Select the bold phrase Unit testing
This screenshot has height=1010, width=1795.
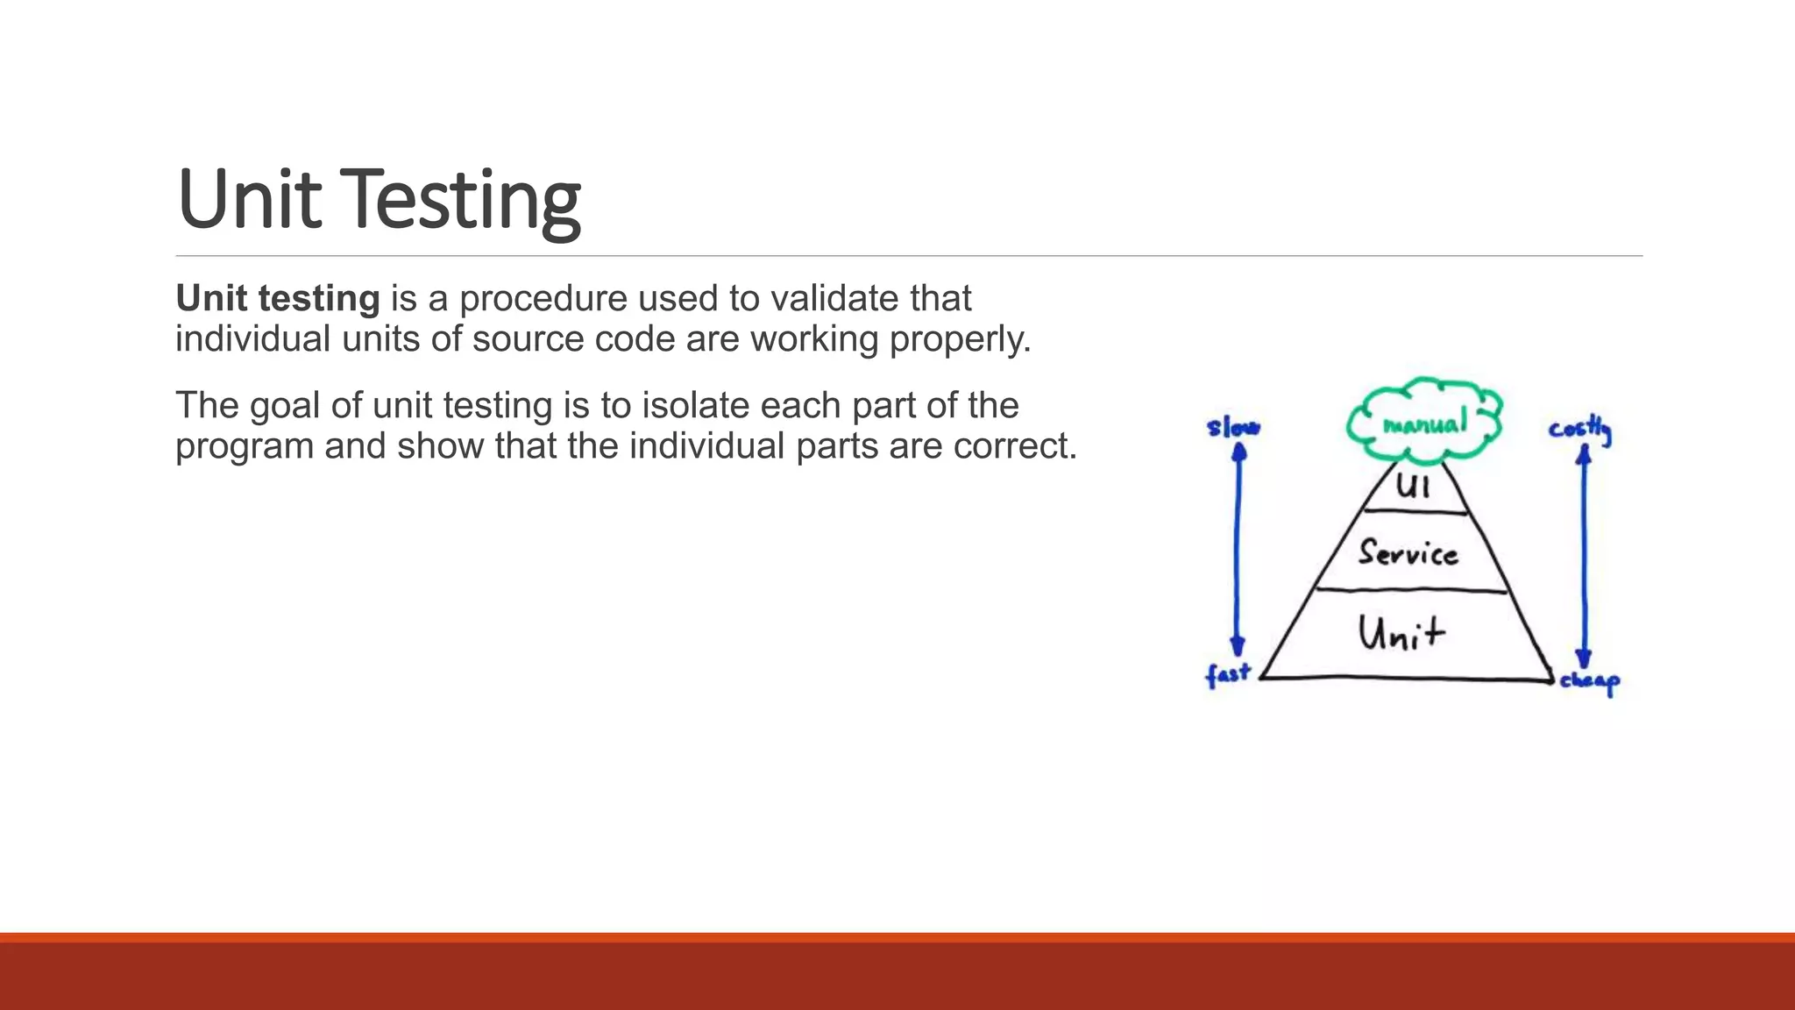[278, 299]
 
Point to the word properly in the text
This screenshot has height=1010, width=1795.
[959, 340]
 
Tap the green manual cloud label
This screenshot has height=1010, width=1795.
[1424, 424]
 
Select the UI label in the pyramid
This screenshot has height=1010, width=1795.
[1413, 485]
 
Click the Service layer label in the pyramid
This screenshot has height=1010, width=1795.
[1408, 552]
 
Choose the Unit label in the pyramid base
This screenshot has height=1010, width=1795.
[1401, 632]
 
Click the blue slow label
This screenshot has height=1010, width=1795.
[1232, 427]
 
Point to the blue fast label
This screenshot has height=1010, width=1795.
[1227, 675]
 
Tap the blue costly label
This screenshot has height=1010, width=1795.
[1579, 430]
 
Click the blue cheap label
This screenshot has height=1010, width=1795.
[1589, 681]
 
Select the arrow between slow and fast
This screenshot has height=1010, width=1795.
[1238, 548]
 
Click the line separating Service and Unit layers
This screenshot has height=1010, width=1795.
[1411, 591]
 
